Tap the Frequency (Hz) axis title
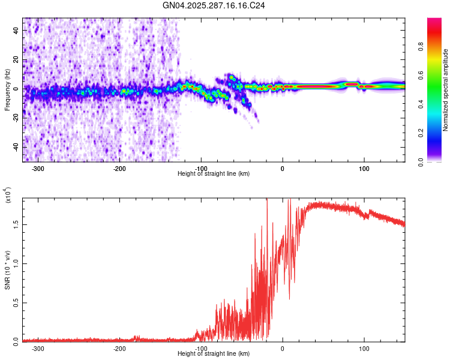8,90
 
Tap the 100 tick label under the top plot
364,168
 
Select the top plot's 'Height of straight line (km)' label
214,173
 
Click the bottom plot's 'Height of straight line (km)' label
214,353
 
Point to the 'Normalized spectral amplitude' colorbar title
446,90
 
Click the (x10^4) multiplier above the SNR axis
8,196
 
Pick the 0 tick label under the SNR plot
283,348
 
